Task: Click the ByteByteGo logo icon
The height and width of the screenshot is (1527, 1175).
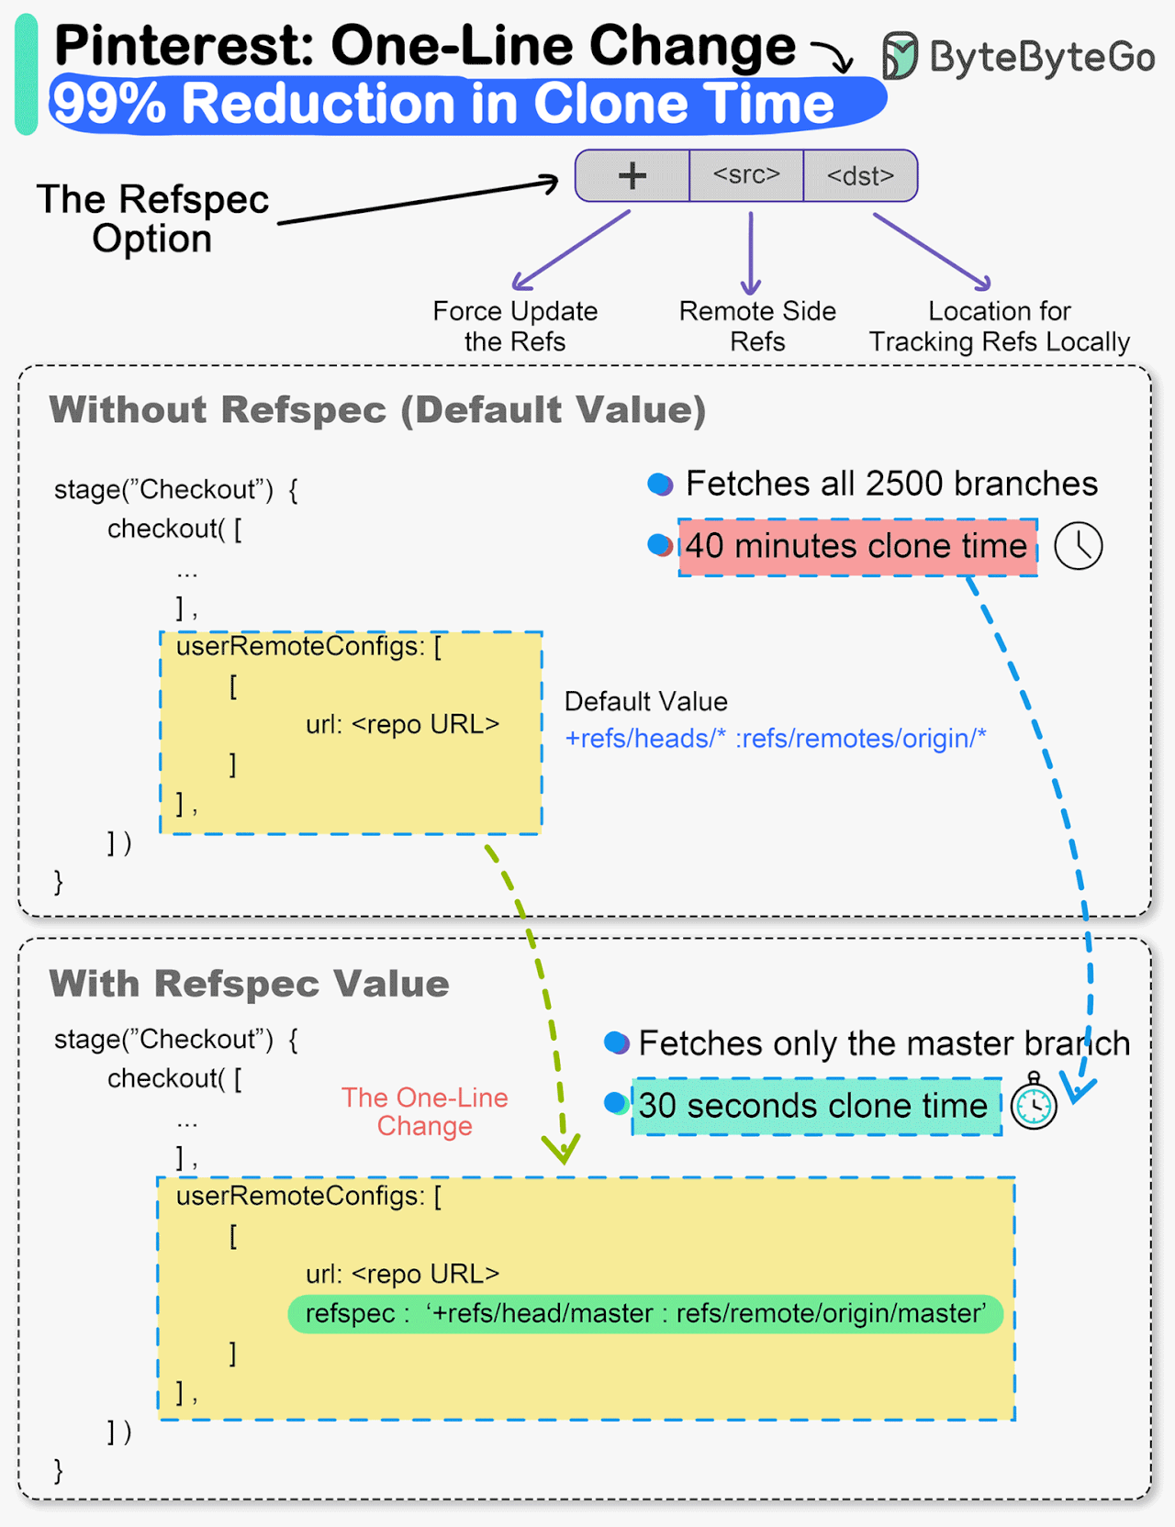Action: click(900, 55)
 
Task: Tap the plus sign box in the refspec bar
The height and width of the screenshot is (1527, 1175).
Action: click(632, 175)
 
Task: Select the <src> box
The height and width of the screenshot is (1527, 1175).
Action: click(746, 175)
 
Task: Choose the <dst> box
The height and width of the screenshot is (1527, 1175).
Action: click(860, 175)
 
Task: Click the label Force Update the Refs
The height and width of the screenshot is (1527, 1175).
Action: click(515, 326)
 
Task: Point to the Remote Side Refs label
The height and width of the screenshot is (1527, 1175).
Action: click(757, 326)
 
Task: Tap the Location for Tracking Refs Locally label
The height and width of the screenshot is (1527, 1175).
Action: click(1000, 326)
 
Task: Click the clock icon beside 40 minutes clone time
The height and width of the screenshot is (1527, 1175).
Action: click(1078, 547)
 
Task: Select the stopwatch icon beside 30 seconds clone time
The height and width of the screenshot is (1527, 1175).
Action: click(1034, 1104)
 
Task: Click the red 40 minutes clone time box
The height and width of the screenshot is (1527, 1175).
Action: click(857, 547)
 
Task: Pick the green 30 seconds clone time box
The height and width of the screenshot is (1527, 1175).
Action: click(815, 1106)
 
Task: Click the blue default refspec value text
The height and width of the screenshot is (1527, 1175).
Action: click(776, 738)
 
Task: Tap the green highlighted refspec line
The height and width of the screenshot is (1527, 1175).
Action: click(645, 1313)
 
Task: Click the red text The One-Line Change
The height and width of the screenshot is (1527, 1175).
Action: click(424, 1111)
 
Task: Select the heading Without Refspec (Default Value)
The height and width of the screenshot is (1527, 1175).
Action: click(377, 409)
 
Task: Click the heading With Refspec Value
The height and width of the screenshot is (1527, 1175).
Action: click(249, 983)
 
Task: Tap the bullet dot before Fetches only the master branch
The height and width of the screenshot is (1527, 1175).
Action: click(616, 1043)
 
